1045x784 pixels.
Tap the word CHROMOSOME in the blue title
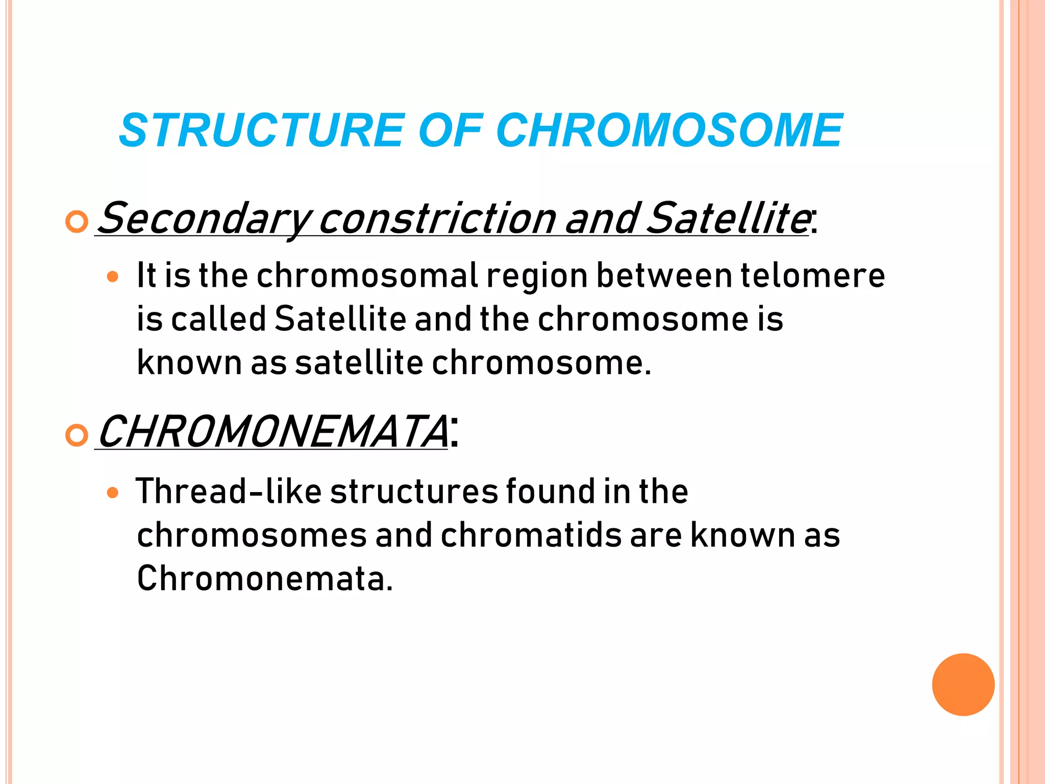tap(669, 131)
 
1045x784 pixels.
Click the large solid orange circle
tap(963, 684)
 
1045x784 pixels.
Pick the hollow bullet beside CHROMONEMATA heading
tap(77, 435)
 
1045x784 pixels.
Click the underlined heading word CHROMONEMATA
tap(273, 432)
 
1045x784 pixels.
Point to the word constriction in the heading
tap(437, 218)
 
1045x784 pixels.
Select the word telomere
tap(812, 276)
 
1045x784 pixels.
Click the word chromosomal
tap(367, 276)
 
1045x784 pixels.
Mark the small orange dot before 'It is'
tap(113, 277)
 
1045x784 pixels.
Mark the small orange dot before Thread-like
tap(113, 493)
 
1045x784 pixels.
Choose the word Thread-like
tap(228, 492)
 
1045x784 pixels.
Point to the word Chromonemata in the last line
tap(265, 579)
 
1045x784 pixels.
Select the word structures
tap(414, 492)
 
